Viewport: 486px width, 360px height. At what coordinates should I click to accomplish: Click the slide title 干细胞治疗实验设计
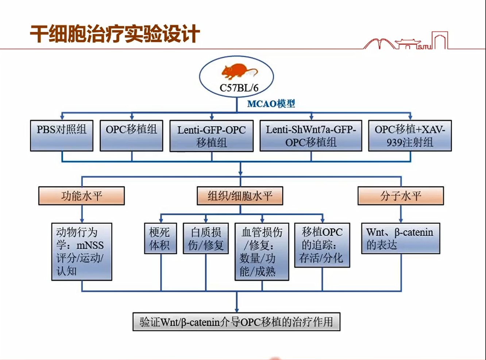[x=115, y=34]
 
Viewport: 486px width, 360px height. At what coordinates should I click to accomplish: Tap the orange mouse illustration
[x=239, y=72]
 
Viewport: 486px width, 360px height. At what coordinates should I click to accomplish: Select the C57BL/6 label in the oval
[x=239, y=88]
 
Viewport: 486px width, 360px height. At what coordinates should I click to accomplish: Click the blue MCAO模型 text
[x=271, y=104]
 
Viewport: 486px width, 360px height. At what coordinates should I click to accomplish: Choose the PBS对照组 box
[x=62, y=135]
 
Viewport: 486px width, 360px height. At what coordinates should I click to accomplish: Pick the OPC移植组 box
[x=131, y=135]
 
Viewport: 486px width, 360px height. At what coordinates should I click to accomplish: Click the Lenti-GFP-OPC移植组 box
[x=212, y=136]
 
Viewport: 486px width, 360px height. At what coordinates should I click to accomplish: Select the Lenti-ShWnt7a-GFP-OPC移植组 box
[x=311, y=136]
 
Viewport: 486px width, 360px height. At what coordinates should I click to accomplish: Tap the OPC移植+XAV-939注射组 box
[x=410, y=136]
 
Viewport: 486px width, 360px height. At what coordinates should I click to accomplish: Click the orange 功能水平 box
[x=81, y=196]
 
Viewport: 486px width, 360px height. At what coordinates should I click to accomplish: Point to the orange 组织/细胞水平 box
[x=240, y=196]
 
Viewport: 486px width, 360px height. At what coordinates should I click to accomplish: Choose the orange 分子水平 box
[x=401, y=196]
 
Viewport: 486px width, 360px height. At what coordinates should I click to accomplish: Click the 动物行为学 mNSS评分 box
[x=82, y=252]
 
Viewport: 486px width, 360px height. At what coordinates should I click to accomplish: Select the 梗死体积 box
[x=160, y=239]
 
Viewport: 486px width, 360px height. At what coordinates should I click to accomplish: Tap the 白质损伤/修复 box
[x=206, y=239]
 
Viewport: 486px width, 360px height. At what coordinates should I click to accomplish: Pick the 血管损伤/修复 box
[x=262, y=252]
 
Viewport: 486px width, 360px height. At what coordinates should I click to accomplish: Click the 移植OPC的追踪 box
[x=322, y=245]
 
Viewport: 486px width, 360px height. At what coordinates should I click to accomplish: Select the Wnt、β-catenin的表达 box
[x=400, y=239]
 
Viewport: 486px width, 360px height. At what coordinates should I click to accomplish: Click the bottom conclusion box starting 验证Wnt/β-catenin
[x=236, y=322]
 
